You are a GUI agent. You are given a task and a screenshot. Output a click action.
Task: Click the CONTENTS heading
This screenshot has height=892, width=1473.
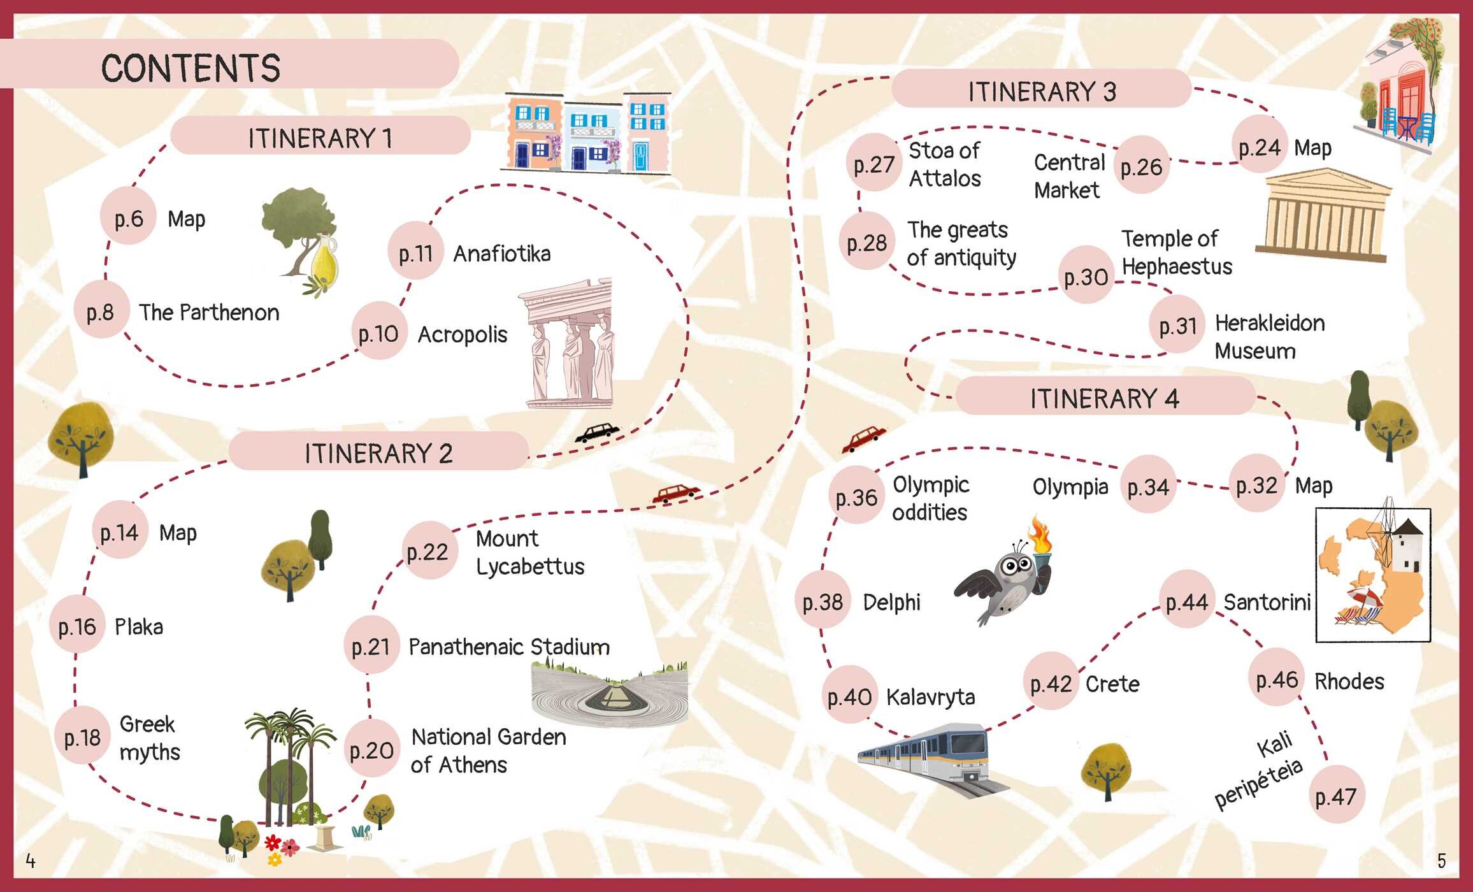click(190, 68)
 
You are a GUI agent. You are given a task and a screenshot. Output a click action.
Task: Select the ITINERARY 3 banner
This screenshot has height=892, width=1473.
click(1042, 90)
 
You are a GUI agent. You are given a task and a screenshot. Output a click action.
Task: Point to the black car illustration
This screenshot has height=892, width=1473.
click(597, 433)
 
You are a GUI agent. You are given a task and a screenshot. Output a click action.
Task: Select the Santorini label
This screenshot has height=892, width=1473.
click(1267, 602)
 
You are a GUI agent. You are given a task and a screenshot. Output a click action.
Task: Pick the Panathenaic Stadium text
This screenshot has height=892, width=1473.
click(509, 647)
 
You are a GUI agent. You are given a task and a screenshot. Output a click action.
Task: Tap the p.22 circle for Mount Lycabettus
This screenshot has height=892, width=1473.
click(428, 551)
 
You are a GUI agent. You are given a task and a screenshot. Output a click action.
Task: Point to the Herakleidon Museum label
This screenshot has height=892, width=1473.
click(1269, 336)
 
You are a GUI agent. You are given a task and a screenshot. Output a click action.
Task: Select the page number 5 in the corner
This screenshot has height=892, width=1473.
click(1441, 861)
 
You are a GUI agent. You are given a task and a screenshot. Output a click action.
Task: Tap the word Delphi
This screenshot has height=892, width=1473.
click(891, 602)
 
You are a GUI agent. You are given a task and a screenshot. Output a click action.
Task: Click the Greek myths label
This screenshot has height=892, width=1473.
click(149, 738)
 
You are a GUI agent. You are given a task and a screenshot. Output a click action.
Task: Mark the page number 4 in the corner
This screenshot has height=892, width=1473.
click(30, 861)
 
